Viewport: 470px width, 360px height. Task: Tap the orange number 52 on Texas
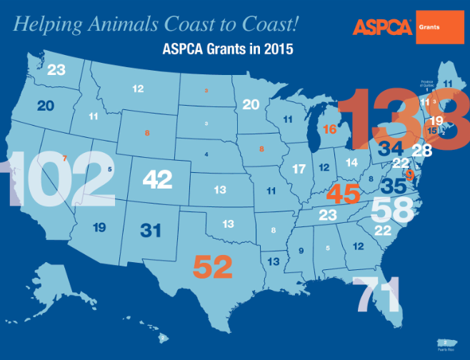click(213, 267)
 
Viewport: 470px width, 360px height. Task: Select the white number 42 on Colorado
click(157, 179)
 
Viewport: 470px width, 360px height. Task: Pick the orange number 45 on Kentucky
click(343, 193)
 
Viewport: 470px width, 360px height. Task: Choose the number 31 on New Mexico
click(151, 231)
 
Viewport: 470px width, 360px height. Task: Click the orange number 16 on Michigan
click(329, 129)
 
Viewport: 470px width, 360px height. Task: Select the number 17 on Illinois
click(299, 170)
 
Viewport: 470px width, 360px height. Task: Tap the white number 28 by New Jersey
click(422, 150)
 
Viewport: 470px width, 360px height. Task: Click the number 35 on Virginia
click(394, 186)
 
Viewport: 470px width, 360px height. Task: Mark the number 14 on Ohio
click(351, 162)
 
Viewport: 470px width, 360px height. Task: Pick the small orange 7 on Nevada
click(65, 158)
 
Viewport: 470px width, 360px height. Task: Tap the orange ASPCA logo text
click(382, 28)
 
